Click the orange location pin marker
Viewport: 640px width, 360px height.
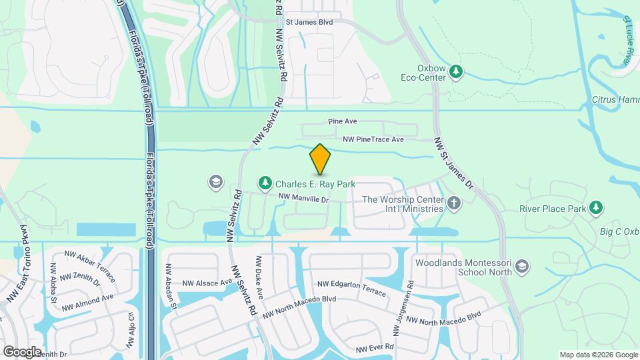pyautogui.click(x=320, y=159)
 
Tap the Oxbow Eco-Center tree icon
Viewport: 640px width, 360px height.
pyautogui.click(x=456, y=71)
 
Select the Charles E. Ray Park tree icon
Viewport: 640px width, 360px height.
pyautogui.click(x=265, y=183)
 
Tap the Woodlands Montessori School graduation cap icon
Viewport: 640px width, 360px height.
pyautogui.click(x=523, y=267)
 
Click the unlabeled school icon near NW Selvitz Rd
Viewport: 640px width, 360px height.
pyautogui.click(x=215, y=182)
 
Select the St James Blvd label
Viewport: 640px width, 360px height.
pyautogui.click(x=309, y=22)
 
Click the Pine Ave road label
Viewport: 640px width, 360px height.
pyautogui.click(x=343, y=122)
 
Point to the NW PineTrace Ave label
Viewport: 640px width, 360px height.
pyautogui.click(x=373, y=139)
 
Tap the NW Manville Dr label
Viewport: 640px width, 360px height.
pyautogui.click(x=304, y=198)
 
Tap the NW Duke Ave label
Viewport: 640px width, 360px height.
pyautogui.click(x=259, y=277)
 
